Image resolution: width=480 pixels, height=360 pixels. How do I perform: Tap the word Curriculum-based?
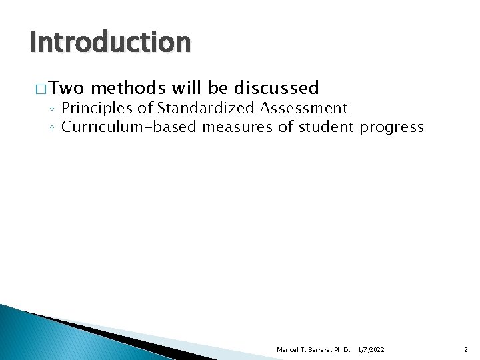click(x=129, y=127)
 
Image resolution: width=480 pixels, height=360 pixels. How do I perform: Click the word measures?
click(x=236, y=127)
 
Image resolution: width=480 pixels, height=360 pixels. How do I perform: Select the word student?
click(x=323, y=127)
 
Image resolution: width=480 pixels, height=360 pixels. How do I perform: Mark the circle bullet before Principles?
click(x=53, y=109)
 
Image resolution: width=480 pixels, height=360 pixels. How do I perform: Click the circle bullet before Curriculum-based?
click(x=53, y=127)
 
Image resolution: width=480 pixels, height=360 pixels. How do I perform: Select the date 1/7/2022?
click(x=371, y=349)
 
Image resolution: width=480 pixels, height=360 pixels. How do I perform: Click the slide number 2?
click(x=466, y=349)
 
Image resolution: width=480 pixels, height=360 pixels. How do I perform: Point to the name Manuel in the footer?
click(x=287, y=349)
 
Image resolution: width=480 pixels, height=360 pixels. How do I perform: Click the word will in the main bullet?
click(x=187, y=88)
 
